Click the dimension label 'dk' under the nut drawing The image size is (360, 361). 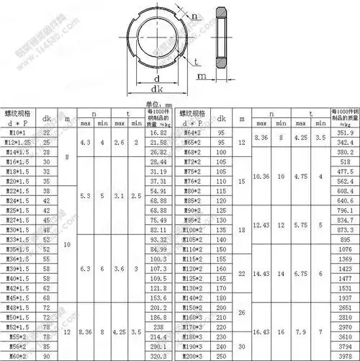pos(156,89)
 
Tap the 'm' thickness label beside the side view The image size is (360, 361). pos(203,74)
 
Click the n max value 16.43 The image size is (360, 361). pos(262,330)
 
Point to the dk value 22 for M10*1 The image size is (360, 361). pos(47,133)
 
